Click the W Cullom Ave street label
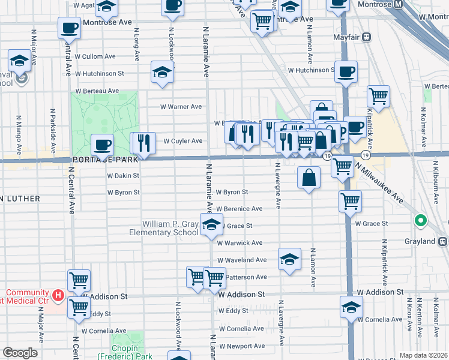[95, 56]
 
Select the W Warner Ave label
[181, 107]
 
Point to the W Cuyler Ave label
[182, 142]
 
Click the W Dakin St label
[123, 176]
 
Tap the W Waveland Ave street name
[242, 260]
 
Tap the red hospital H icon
[58, 295]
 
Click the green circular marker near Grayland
[421, 220]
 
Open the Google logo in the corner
[20, 353]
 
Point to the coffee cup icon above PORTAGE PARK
[102, 145]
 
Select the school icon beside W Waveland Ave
[289, 260]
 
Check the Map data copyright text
[423, 355]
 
